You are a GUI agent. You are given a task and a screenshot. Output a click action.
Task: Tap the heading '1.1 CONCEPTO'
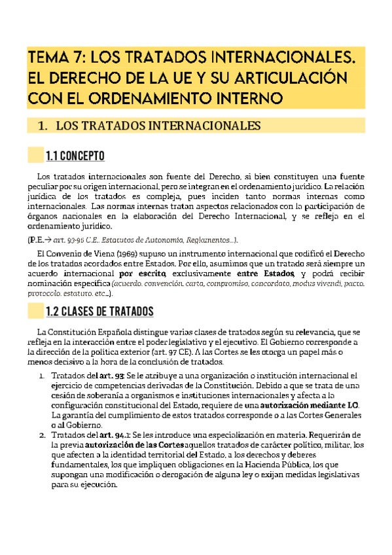click(75, 156)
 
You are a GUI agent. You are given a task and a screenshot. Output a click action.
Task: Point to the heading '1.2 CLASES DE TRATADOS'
click(99, 311)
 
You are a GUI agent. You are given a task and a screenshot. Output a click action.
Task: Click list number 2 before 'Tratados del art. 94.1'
click(41, 437)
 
